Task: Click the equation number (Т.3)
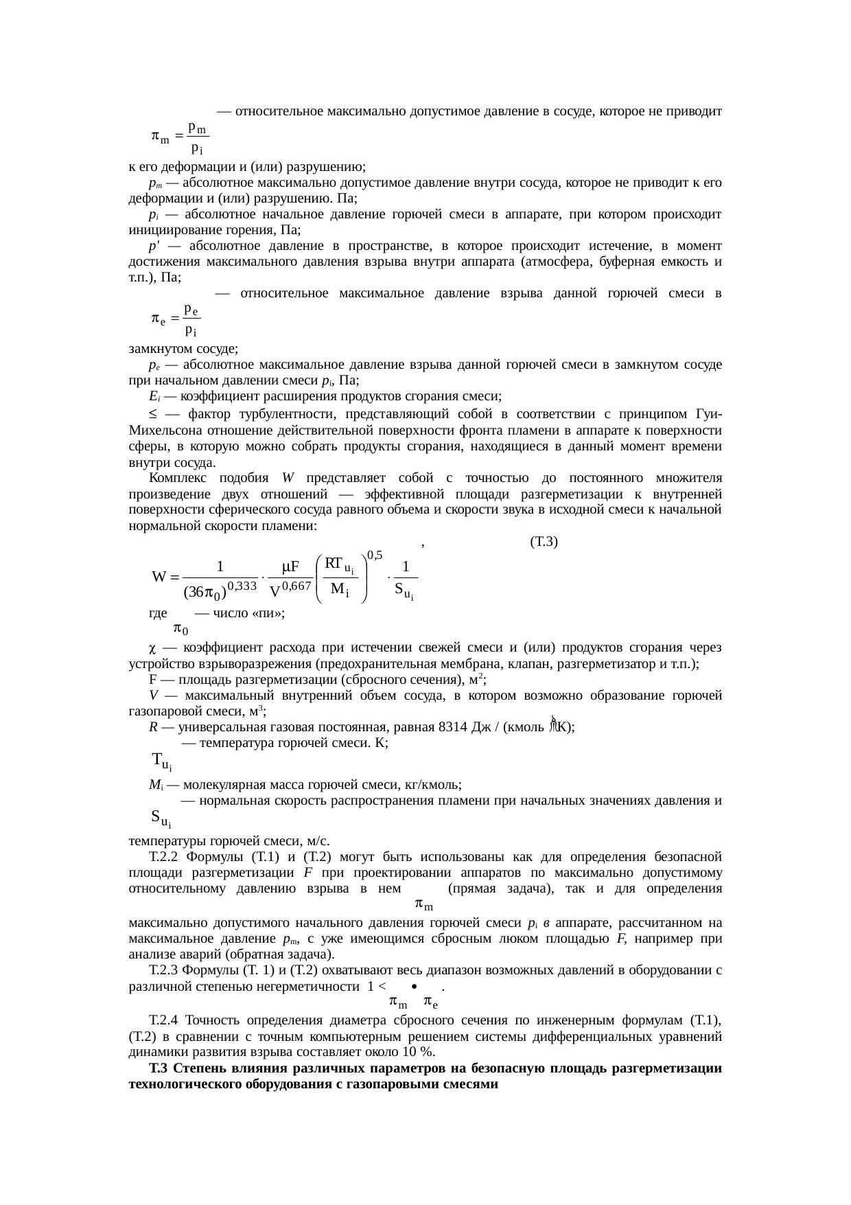pos(544,542)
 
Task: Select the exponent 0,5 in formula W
pos(375,555)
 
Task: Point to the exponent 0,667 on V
pos(297,586)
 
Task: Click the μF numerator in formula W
pos(291,567)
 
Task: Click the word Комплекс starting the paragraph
pos(175,479)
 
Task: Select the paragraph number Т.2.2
pos(164,857)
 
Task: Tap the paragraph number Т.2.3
pos(164,971)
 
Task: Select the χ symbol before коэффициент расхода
pos(153,647)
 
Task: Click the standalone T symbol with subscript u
pos(161,761)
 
